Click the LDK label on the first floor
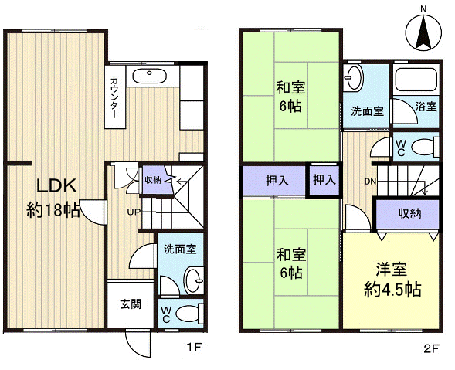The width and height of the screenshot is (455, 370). [x=56, y=185]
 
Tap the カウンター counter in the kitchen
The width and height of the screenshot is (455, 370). [x=115, y=97]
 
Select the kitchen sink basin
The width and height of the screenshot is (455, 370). [x=149, y=76]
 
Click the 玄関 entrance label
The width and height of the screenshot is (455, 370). [x=131, y=304]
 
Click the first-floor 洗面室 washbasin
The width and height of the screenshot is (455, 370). [x=194, y=280]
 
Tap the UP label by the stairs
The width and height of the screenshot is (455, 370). [x=134, y=212]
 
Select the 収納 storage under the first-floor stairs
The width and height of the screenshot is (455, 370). [x=156, y=180]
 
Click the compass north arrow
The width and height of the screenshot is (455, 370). [x=423, y=32]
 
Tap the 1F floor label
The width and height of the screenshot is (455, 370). [x=194, y=348]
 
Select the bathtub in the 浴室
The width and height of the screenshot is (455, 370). [x=416, y=80]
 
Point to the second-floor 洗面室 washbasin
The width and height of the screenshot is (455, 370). [x=353, y=77]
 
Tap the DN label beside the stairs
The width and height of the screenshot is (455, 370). [x=370, y=182]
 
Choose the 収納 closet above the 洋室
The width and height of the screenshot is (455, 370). [x=409, y=214]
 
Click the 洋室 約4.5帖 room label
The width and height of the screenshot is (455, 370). [x=392, y=280]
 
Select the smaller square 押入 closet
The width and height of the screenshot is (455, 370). [x=324, y=180]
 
